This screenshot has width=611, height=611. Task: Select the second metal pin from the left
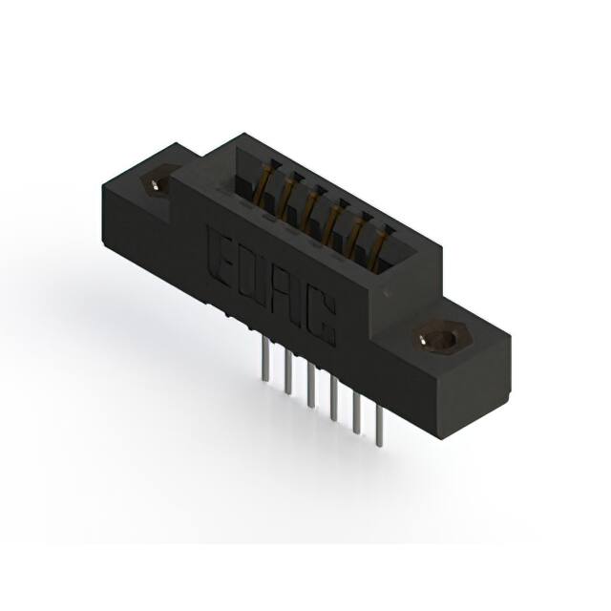coord(288,372)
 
